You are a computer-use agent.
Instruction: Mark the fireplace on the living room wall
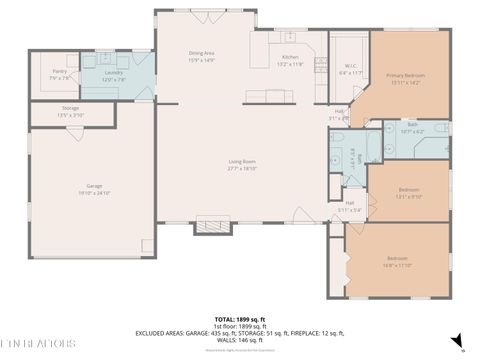(x=211, y=226)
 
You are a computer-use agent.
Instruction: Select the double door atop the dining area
(x=213, y=13)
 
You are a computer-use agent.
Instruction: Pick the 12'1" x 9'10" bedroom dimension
(x=408, y=196)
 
